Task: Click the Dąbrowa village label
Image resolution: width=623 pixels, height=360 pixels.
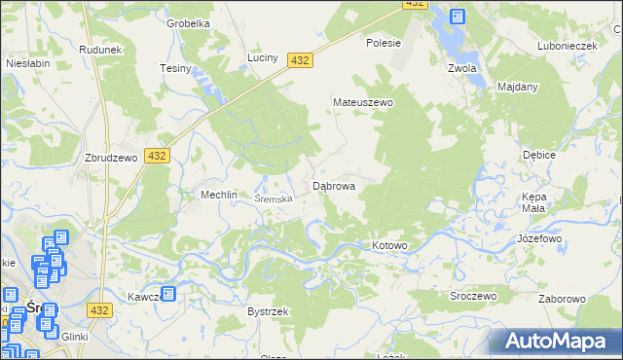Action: click(333, 185)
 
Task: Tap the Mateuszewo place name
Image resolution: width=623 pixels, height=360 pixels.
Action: click(362, 102)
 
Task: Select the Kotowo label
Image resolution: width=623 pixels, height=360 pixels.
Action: click(389, 245)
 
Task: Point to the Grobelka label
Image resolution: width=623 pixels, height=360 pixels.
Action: click(189, 23)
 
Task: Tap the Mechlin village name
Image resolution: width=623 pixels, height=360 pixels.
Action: click(219, 195)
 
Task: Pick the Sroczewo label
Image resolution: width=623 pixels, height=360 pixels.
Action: click(474, 296)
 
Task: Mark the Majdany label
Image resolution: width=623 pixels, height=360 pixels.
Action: click(517, 87)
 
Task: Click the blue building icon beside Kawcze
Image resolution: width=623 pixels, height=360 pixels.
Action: click(168, 293)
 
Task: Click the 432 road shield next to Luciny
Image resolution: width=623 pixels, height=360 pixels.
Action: click(300, 60)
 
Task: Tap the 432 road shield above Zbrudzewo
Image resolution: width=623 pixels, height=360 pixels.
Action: click(156, 155)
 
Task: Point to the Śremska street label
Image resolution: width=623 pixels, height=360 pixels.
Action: click(274, 198)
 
